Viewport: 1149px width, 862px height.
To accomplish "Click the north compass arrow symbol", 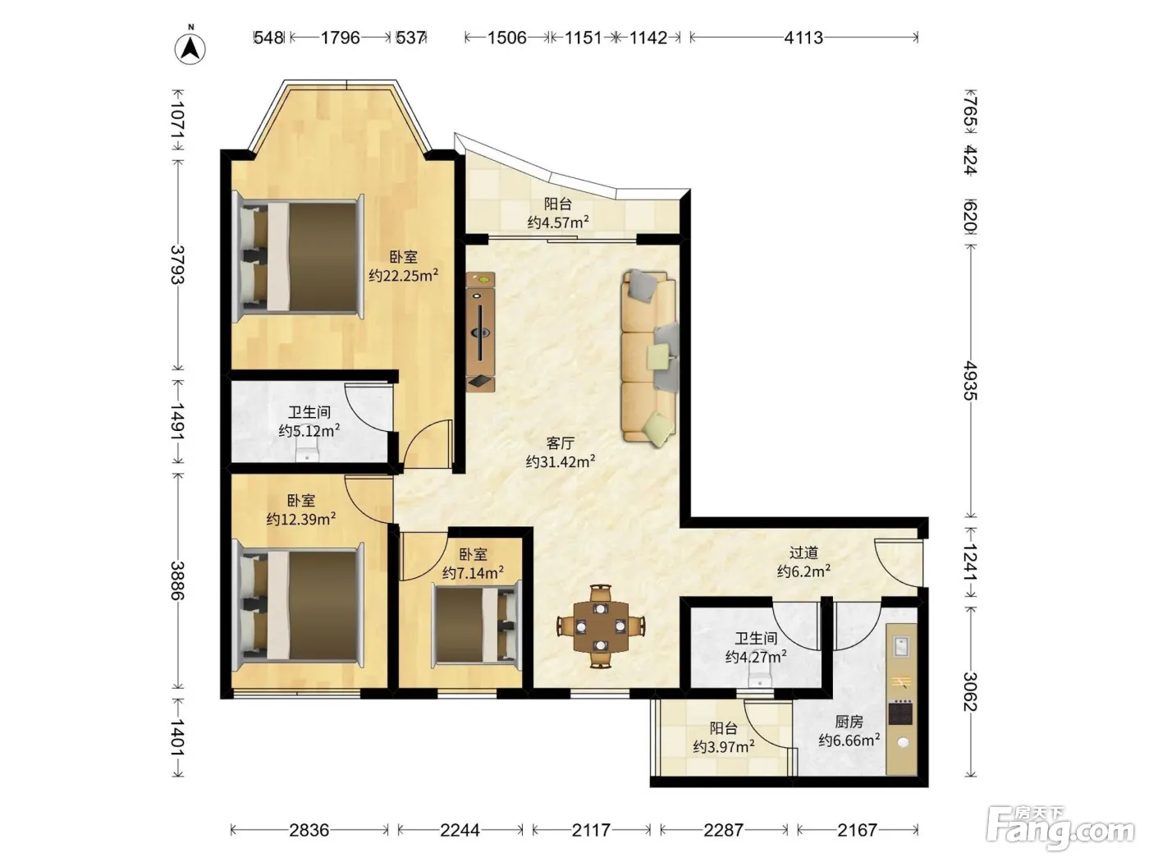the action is tap(190, 48).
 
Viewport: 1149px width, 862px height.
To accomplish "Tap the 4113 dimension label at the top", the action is tap(803, 38).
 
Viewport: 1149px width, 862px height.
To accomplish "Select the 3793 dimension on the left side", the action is tap(178, 265).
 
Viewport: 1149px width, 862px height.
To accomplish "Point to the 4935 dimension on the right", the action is tap(971, 380).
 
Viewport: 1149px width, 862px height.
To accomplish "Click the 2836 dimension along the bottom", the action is tap(309, 829).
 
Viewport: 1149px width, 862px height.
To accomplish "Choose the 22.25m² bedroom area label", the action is tap(403, 275).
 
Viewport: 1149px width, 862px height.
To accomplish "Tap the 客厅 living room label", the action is tap(560, 443).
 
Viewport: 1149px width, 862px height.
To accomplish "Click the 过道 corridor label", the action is tap(803, 553).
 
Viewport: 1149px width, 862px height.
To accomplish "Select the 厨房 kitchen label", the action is tap(849, 722).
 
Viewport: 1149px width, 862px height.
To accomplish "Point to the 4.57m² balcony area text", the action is tap(558, 222).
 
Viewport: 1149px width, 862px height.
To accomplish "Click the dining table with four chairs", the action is tap(601, 626).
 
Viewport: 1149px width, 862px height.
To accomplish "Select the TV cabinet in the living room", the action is tap(481, 332).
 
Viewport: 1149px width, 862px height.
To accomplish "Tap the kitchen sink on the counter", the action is tap(900, 646).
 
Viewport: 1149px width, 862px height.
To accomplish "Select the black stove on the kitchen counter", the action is tap(900, 713).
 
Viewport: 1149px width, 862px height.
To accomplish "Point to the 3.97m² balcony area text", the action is tap(724, 746).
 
